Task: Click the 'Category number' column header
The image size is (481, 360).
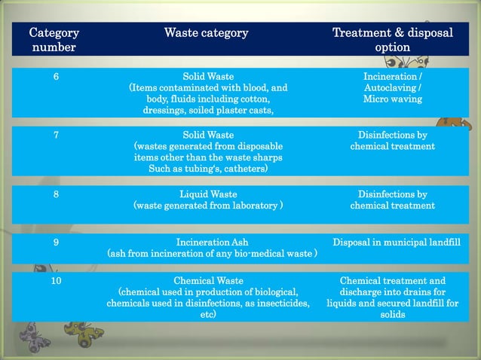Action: (54, 40)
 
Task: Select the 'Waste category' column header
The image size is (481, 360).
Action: (206, 33)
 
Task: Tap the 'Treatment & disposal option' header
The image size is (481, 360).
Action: (392, 40)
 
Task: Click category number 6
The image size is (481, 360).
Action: (56, 77)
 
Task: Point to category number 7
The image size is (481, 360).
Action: (56, 136)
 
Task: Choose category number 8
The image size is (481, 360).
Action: (56, 194)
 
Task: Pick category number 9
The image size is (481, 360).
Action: (56, 243)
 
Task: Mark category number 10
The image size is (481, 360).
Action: (56, 281)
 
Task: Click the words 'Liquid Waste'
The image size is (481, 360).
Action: (208, 194)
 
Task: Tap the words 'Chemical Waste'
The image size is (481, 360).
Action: (208, 281)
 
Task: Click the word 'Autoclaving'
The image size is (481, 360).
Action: (390, 88)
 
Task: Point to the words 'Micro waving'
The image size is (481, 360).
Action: (392, 99)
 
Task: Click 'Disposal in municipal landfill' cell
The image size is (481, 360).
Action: (396, 243)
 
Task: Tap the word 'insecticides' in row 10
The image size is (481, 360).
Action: (274, 303)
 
